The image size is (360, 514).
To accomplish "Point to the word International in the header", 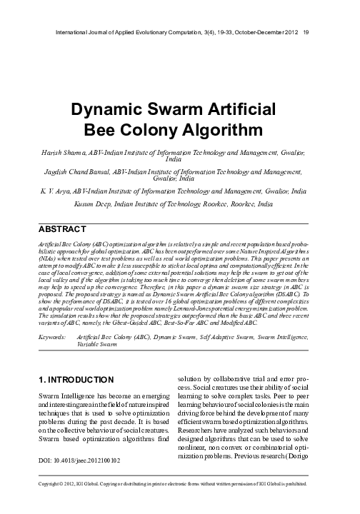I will point(72,31).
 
